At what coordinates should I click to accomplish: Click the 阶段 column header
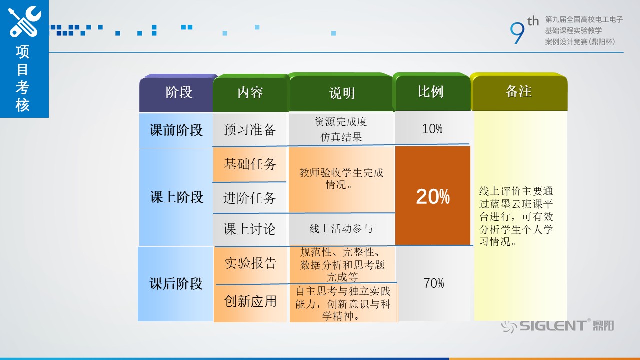179,92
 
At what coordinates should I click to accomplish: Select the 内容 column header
250,92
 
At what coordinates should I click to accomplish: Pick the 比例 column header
431,92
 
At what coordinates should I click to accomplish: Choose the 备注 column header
519,91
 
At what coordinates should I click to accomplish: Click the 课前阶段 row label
176,130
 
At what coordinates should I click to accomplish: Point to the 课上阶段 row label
177,197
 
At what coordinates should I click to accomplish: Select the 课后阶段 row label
176,284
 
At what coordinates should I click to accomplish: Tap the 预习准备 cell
249,130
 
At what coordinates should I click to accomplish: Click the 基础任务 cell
250,164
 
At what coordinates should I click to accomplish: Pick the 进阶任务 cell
249,198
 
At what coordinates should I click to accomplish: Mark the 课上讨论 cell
249,229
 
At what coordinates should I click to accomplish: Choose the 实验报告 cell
250,263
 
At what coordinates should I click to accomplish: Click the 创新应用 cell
250,301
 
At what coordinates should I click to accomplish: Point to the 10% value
432,129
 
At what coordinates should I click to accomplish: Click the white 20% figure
433,196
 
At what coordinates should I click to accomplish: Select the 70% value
433,283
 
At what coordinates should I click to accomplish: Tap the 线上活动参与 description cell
341,228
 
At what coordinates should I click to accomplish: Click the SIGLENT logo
557,326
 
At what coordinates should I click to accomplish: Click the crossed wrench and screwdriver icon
24,22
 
